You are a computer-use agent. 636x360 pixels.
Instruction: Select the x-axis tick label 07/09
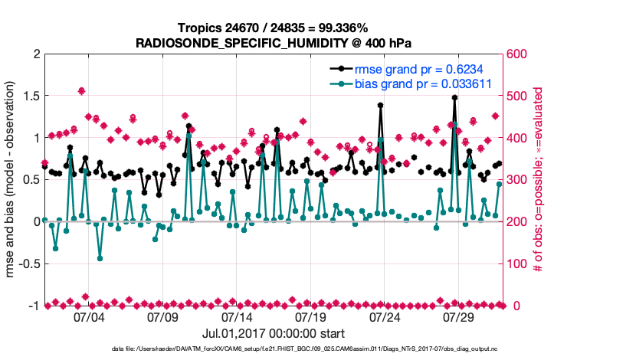[x=162, y=316]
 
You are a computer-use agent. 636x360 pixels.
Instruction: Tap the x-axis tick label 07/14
[x=237, y=316]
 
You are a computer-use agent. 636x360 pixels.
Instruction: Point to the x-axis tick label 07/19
[x=310, y=316]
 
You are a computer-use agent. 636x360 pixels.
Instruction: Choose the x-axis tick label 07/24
[x=385, y=316]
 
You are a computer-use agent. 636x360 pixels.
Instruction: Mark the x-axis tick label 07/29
[x=458, y=316]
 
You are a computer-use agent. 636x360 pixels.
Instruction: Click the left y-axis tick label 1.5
[x=31, y=97]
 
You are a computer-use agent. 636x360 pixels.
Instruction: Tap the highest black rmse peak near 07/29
[x=454, y=98]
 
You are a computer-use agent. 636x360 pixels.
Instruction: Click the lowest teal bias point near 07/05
[x=100, y=258]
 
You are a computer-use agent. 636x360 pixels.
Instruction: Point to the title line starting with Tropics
[x=274, y=28]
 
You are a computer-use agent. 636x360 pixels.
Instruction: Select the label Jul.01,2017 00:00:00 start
[x=274, y=334]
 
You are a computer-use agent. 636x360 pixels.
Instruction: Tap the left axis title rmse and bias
[x=14, y=180]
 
